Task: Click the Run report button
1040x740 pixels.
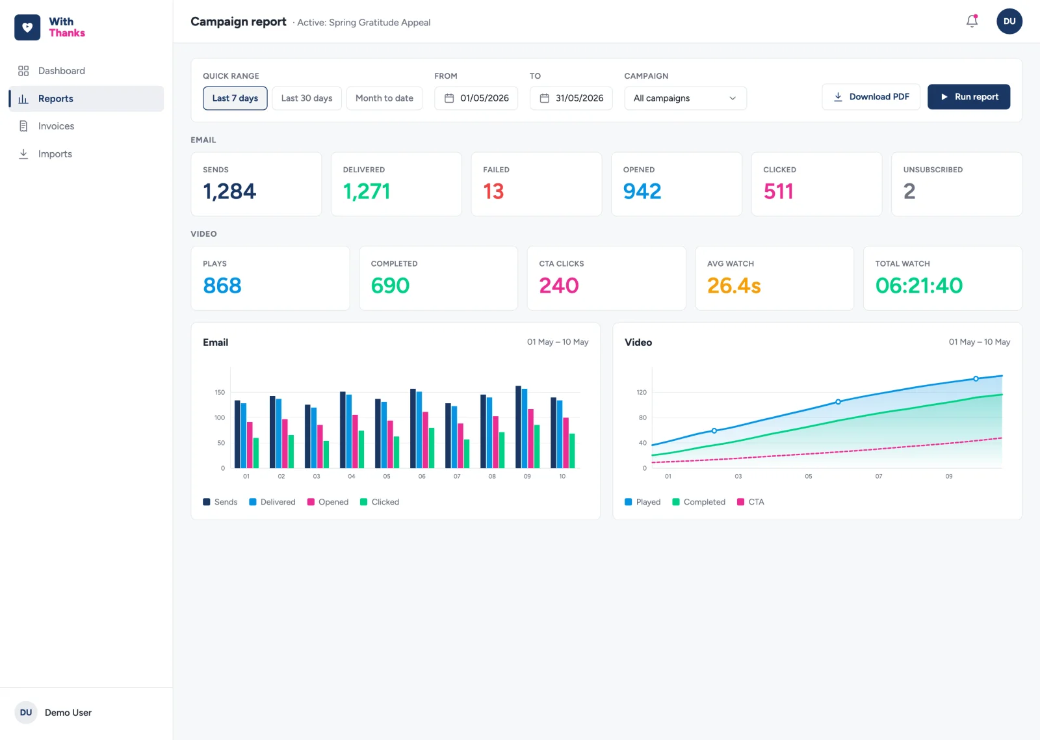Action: tap(968, 97)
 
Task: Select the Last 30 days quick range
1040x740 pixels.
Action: tap(306, 98)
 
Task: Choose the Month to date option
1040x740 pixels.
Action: tap(384, 98)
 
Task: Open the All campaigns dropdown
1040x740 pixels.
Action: tap(685, 98)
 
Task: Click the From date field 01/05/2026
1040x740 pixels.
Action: tap(476, 98)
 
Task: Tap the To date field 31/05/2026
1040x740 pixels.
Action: tap(571, 98)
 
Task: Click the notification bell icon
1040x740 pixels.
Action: tap(972, 21)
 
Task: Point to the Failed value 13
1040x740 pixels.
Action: tap(493, 191)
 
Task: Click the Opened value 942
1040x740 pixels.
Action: tap(642, 191)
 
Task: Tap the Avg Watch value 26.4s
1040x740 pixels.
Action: tap(734, 285)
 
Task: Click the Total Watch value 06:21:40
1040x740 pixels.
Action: tap(919, 285)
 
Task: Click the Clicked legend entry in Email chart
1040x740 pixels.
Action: tap(380, 502)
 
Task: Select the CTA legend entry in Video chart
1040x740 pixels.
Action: tap(750, 502)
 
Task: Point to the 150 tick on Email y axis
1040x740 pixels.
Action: tap(220, 393)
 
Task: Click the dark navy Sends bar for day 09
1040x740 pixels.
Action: tap(518, 427)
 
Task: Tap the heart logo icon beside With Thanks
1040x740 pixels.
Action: tap(27, 27)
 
